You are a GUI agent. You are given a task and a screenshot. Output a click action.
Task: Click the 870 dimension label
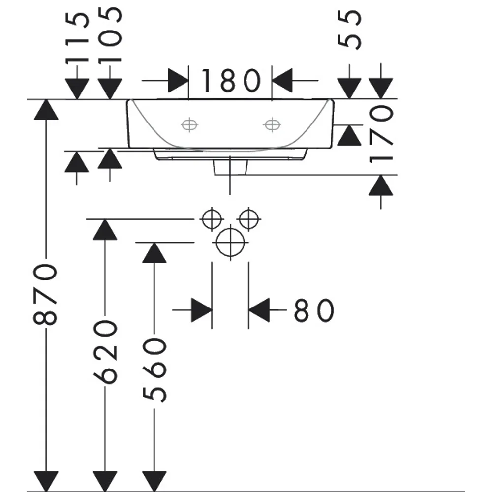(45, 294)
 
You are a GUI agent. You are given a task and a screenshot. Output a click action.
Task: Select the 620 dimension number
(105, 352)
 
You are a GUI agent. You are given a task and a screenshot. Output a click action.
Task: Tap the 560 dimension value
(154, 370)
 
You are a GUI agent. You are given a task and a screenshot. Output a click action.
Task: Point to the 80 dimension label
(314, 310)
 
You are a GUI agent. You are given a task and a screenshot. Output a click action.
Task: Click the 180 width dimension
(231, 81)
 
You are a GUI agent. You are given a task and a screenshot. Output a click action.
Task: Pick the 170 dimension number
(381, 134)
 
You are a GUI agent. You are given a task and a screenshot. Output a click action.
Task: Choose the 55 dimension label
(349, 30)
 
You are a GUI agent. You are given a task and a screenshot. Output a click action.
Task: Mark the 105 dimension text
(110, 35)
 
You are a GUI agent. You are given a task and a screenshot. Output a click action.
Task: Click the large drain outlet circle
(230, 242)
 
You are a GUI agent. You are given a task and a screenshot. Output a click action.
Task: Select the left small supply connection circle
(212, 219)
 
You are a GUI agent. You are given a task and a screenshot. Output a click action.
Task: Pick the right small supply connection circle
(249, 219)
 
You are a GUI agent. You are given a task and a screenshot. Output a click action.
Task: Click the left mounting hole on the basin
(189, 125)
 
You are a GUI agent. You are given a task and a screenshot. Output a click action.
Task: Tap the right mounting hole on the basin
(272, 125)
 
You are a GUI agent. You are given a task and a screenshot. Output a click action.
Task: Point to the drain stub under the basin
(230, 167)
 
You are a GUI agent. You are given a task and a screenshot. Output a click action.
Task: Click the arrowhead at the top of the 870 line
(46, 110)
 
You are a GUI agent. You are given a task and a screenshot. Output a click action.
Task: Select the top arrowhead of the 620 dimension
(105, 229)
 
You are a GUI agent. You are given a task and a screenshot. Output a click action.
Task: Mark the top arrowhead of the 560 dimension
(154, 252)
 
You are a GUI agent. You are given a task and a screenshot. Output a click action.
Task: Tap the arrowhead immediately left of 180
(178, 81)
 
